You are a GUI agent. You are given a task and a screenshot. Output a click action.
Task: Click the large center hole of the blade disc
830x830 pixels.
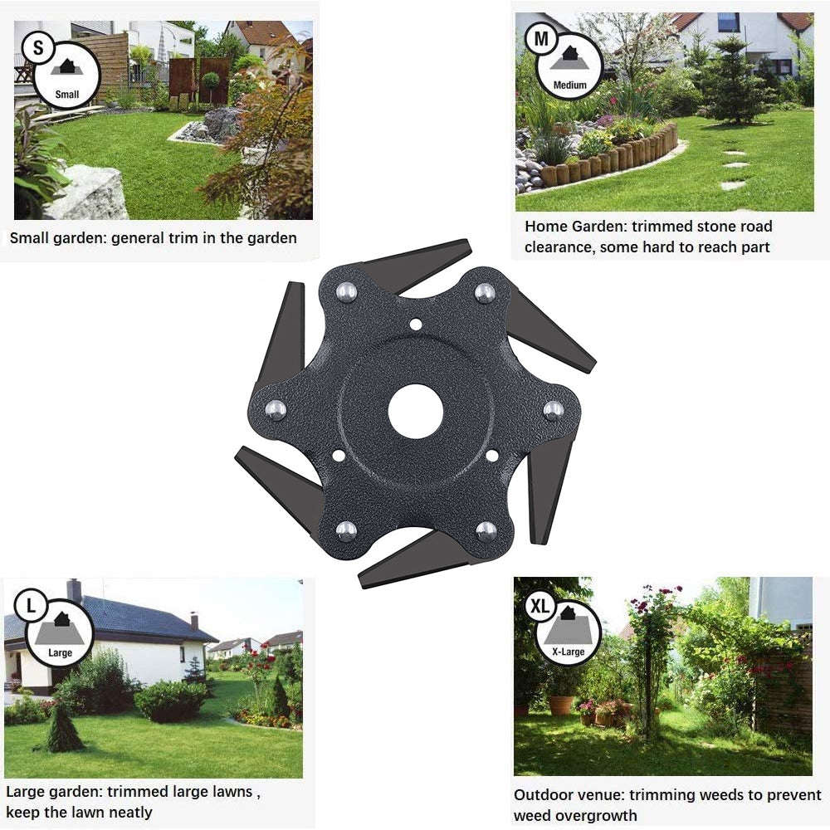(x=415, y=412)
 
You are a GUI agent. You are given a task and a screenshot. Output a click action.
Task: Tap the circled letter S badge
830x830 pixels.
(x=37, y=47)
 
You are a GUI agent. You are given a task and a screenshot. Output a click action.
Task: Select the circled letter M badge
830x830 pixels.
(x=541, y=39)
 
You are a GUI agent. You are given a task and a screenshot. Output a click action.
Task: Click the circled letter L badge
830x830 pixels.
(x=31, y=605)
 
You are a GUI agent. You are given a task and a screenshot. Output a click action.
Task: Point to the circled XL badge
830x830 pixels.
(x=539, y=606)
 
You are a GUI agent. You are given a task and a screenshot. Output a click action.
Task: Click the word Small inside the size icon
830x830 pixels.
(x=67, y=95)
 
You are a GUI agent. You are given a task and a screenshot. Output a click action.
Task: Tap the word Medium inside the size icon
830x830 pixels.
(x=570, y=85)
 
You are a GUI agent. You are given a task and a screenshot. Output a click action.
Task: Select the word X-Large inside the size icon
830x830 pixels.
(x=569, y=652)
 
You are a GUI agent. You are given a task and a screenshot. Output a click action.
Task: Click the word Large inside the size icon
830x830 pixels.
(x=60, y=652)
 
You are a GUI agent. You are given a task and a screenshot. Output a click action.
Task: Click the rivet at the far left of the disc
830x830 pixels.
(x=276, y=410)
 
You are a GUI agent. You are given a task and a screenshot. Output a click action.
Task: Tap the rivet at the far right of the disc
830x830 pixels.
(x=554, y=410)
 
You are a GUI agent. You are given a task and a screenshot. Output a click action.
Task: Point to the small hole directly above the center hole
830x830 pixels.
(x=416, y=324)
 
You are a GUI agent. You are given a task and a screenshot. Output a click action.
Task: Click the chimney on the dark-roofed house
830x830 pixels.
(x=74, y=589)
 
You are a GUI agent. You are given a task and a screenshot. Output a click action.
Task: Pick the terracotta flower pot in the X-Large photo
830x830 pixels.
(x=561, y=705)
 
